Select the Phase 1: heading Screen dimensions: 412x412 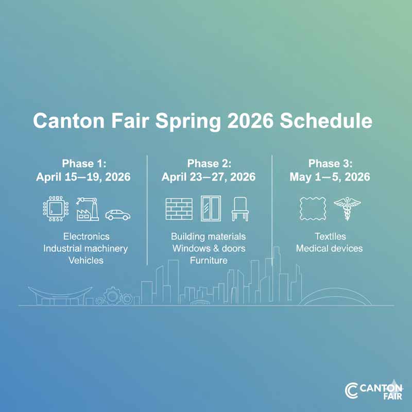tap(84, 164)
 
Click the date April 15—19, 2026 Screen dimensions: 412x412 tap(83, 177)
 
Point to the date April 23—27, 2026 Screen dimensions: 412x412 tap(209, 177)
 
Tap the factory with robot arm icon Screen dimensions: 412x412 tap(87, 209)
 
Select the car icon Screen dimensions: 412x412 tap(117, 214)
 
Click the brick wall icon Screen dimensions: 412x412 tap(179, 209)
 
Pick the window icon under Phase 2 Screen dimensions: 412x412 tap(210, 209)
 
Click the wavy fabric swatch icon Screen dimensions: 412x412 tap(313, 209)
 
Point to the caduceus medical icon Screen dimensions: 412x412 tap(347, 209)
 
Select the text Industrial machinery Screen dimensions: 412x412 tap(85, 248)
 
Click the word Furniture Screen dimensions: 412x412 tap(209, 261)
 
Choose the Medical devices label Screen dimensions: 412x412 tap(329, 248)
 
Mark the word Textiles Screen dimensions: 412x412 tap(330, 236)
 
